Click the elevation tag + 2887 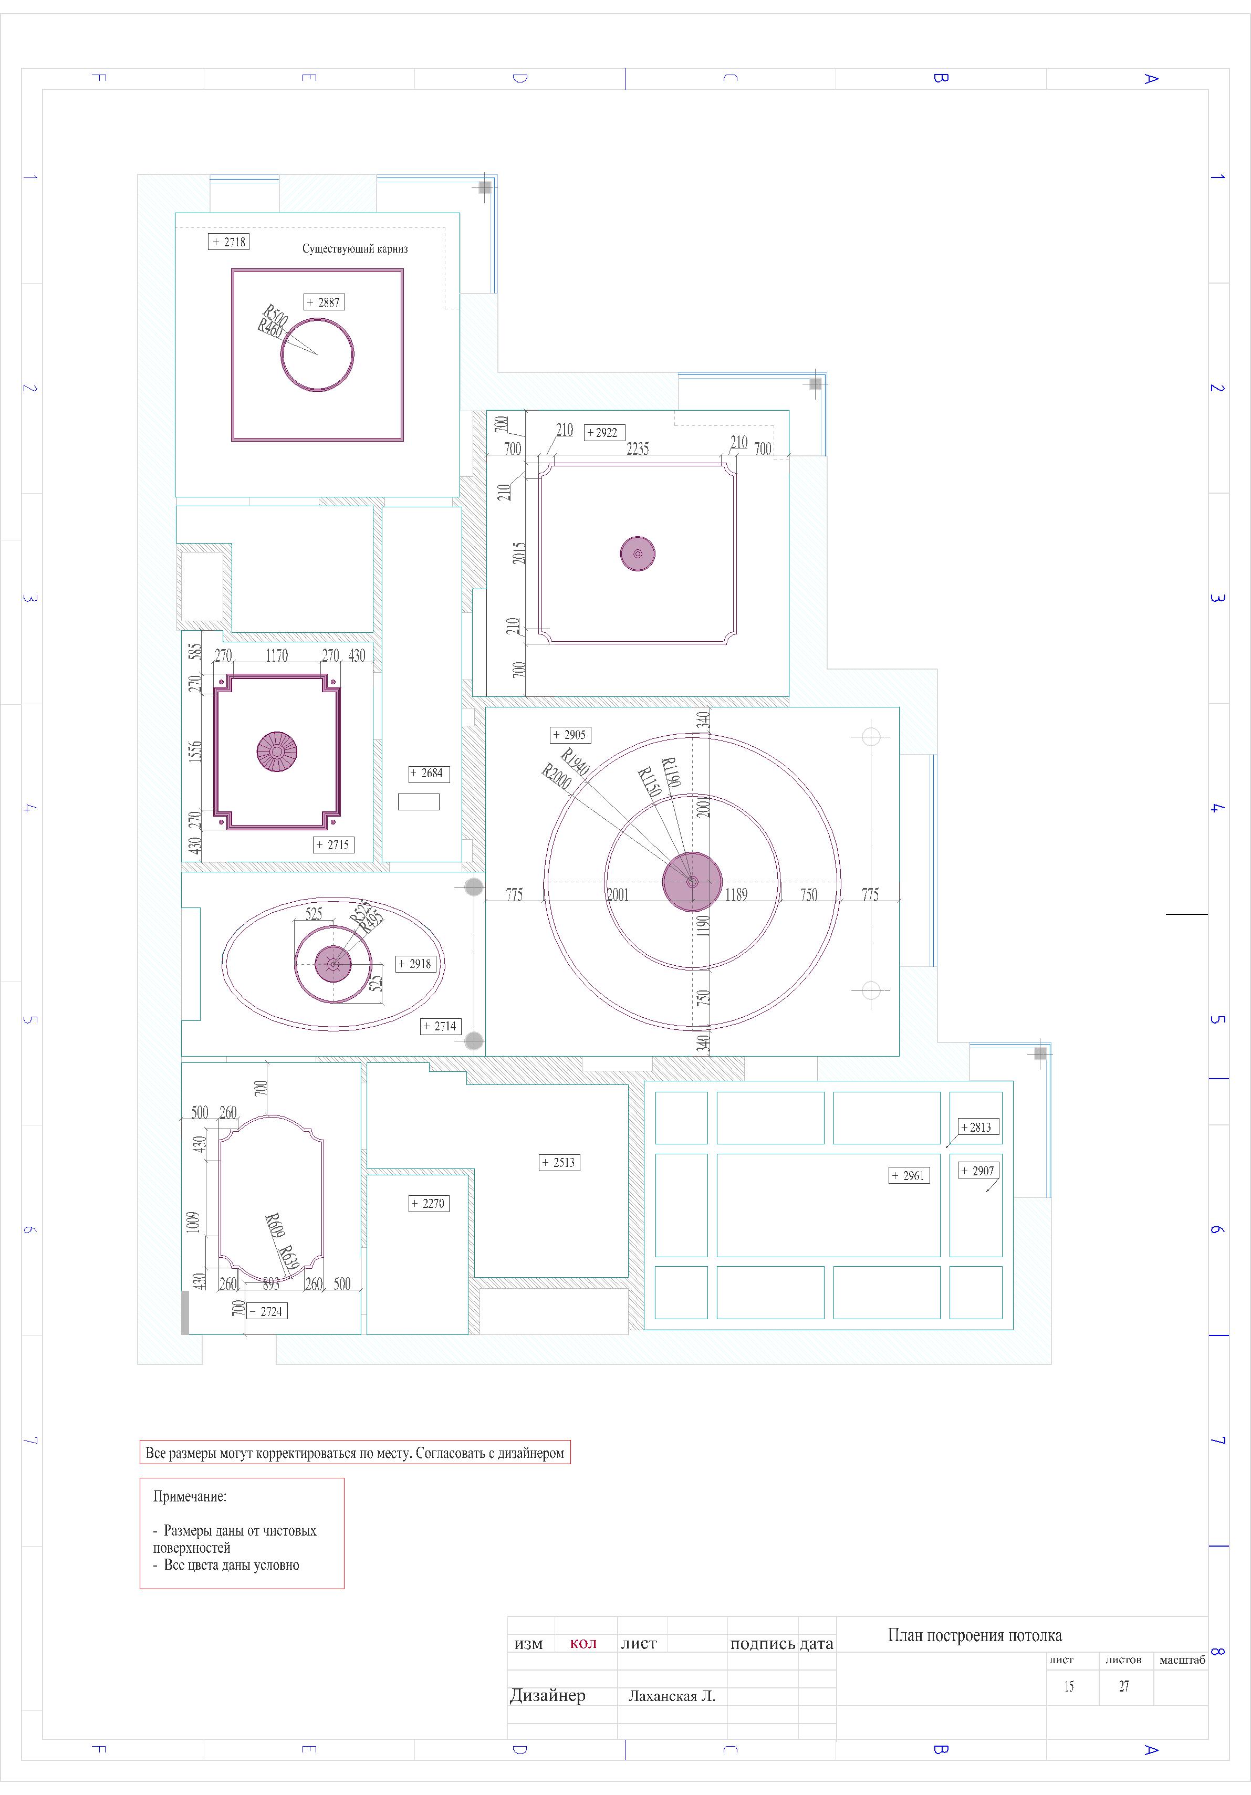(x=324, y=302)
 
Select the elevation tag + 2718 (x=229, y=242)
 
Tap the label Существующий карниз (x=355, y=248)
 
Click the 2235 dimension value (x=638, y=448)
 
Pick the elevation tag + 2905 (x=570, y=735)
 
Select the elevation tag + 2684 (x=429, y=773)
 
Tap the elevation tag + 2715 (x=333, y=844)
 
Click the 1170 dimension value (x=277, y=655)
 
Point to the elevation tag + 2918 (x=416, y=964)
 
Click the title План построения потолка (x=975, y=1635)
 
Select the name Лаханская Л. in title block (x=672, y=1696)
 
